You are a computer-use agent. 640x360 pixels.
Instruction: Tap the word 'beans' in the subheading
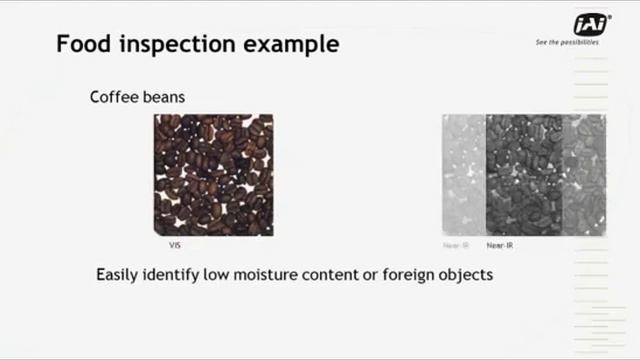pyautogui.click(x=165, y=97)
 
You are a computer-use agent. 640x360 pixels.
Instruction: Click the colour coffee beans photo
pyautogui.click(x=213, y=175)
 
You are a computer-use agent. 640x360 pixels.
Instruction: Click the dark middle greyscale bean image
pyautogui.click(x=523, y=175)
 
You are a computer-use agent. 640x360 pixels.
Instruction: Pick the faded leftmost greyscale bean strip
pyautogui.click(x=464, y=175)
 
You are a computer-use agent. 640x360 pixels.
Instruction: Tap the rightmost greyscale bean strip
pyautogui.click(x=584, y=175)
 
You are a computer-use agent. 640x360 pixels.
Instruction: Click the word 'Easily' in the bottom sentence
pyautogui.click(x=120, y=274)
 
